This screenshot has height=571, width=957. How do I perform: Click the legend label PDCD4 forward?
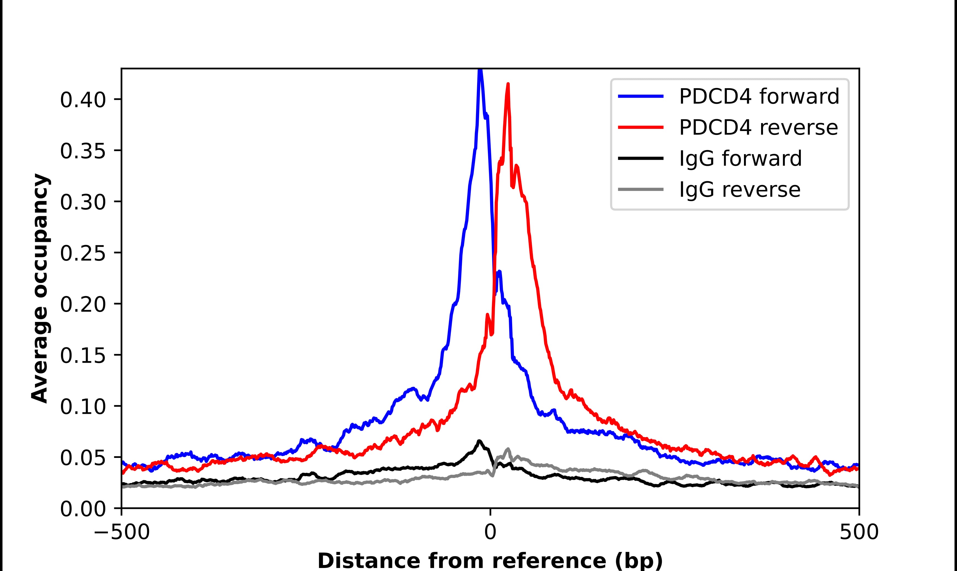(x=759, y=97)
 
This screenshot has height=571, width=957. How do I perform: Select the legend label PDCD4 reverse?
(x=758, y=128)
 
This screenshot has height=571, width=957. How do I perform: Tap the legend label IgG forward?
(x=740, y=159)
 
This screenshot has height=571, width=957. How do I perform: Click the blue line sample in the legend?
(x=641, y=97)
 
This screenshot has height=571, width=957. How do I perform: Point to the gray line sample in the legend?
(x=641, y=189)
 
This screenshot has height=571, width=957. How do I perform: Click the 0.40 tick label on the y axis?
(x=83, y=100)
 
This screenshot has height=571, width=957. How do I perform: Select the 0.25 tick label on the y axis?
(x=83, y=254)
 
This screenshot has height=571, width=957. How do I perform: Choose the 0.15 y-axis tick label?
(x=83, y=356)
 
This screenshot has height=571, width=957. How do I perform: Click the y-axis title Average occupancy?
(x=40, y=289)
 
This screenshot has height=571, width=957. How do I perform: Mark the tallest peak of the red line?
(x=508, y=84)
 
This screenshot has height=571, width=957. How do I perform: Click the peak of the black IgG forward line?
(x=479, y=441)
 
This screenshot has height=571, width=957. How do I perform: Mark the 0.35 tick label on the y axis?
(x=83, y=151)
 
